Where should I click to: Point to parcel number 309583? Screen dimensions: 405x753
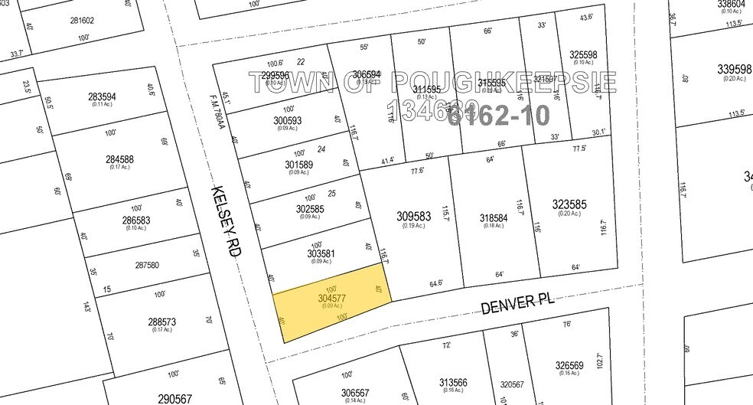(x=414, y=217)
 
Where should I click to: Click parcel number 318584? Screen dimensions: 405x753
(x=494, y=218)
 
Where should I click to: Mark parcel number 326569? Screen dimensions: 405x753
(x=569, y=364)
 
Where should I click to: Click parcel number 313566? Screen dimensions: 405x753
(x=454, y=382)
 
